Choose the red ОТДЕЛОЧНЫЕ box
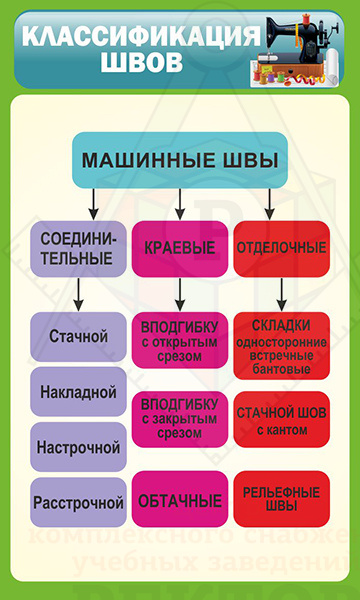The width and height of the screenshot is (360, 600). coord(281,247)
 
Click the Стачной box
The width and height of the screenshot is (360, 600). coord(79,336)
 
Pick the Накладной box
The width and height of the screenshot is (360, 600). coord(79,391)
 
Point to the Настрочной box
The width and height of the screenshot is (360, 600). coord(79,446)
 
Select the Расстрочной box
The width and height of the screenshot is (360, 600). coord(79,502)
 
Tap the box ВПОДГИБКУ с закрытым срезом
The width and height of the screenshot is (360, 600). coord(179,417)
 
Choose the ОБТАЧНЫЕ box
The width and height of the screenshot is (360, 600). coord(179,499)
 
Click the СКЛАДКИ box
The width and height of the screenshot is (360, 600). coord(281,346)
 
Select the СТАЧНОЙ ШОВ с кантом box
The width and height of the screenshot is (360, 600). coord(281,420)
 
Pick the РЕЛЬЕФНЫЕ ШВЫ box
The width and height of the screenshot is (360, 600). coord(281,499)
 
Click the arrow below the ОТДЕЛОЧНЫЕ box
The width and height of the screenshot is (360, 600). coord(282,292)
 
